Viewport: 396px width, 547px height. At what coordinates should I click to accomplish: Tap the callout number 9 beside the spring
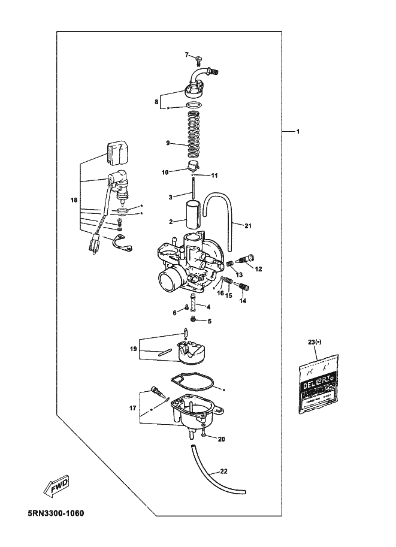(x=168, y=143)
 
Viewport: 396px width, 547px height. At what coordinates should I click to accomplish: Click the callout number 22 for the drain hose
(x=223, y=472)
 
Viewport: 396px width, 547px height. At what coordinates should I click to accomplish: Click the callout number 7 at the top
(x=186, y=55)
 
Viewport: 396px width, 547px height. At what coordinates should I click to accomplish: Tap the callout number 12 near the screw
(x=258, y=269)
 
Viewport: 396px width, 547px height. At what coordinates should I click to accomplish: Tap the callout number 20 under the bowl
(x=221, y=439)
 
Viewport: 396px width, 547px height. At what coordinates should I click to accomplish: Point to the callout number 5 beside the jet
(x=209, y=321)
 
